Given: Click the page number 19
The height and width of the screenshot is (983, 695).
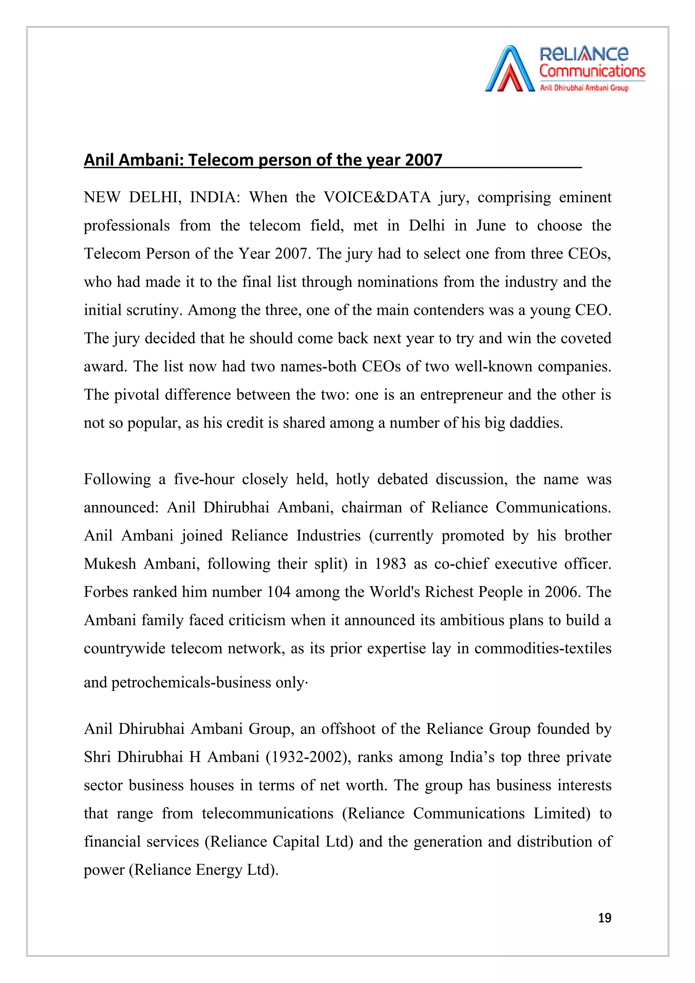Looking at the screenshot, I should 604,918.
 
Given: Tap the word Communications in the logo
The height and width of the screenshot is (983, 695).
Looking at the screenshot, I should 592,71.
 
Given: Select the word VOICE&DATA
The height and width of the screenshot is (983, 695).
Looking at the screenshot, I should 377,197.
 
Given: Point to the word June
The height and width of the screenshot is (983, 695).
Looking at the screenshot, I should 491,226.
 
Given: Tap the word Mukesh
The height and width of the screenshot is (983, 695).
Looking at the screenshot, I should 109,564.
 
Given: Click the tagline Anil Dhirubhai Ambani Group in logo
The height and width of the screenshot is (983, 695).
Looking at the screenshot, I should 584,88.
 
